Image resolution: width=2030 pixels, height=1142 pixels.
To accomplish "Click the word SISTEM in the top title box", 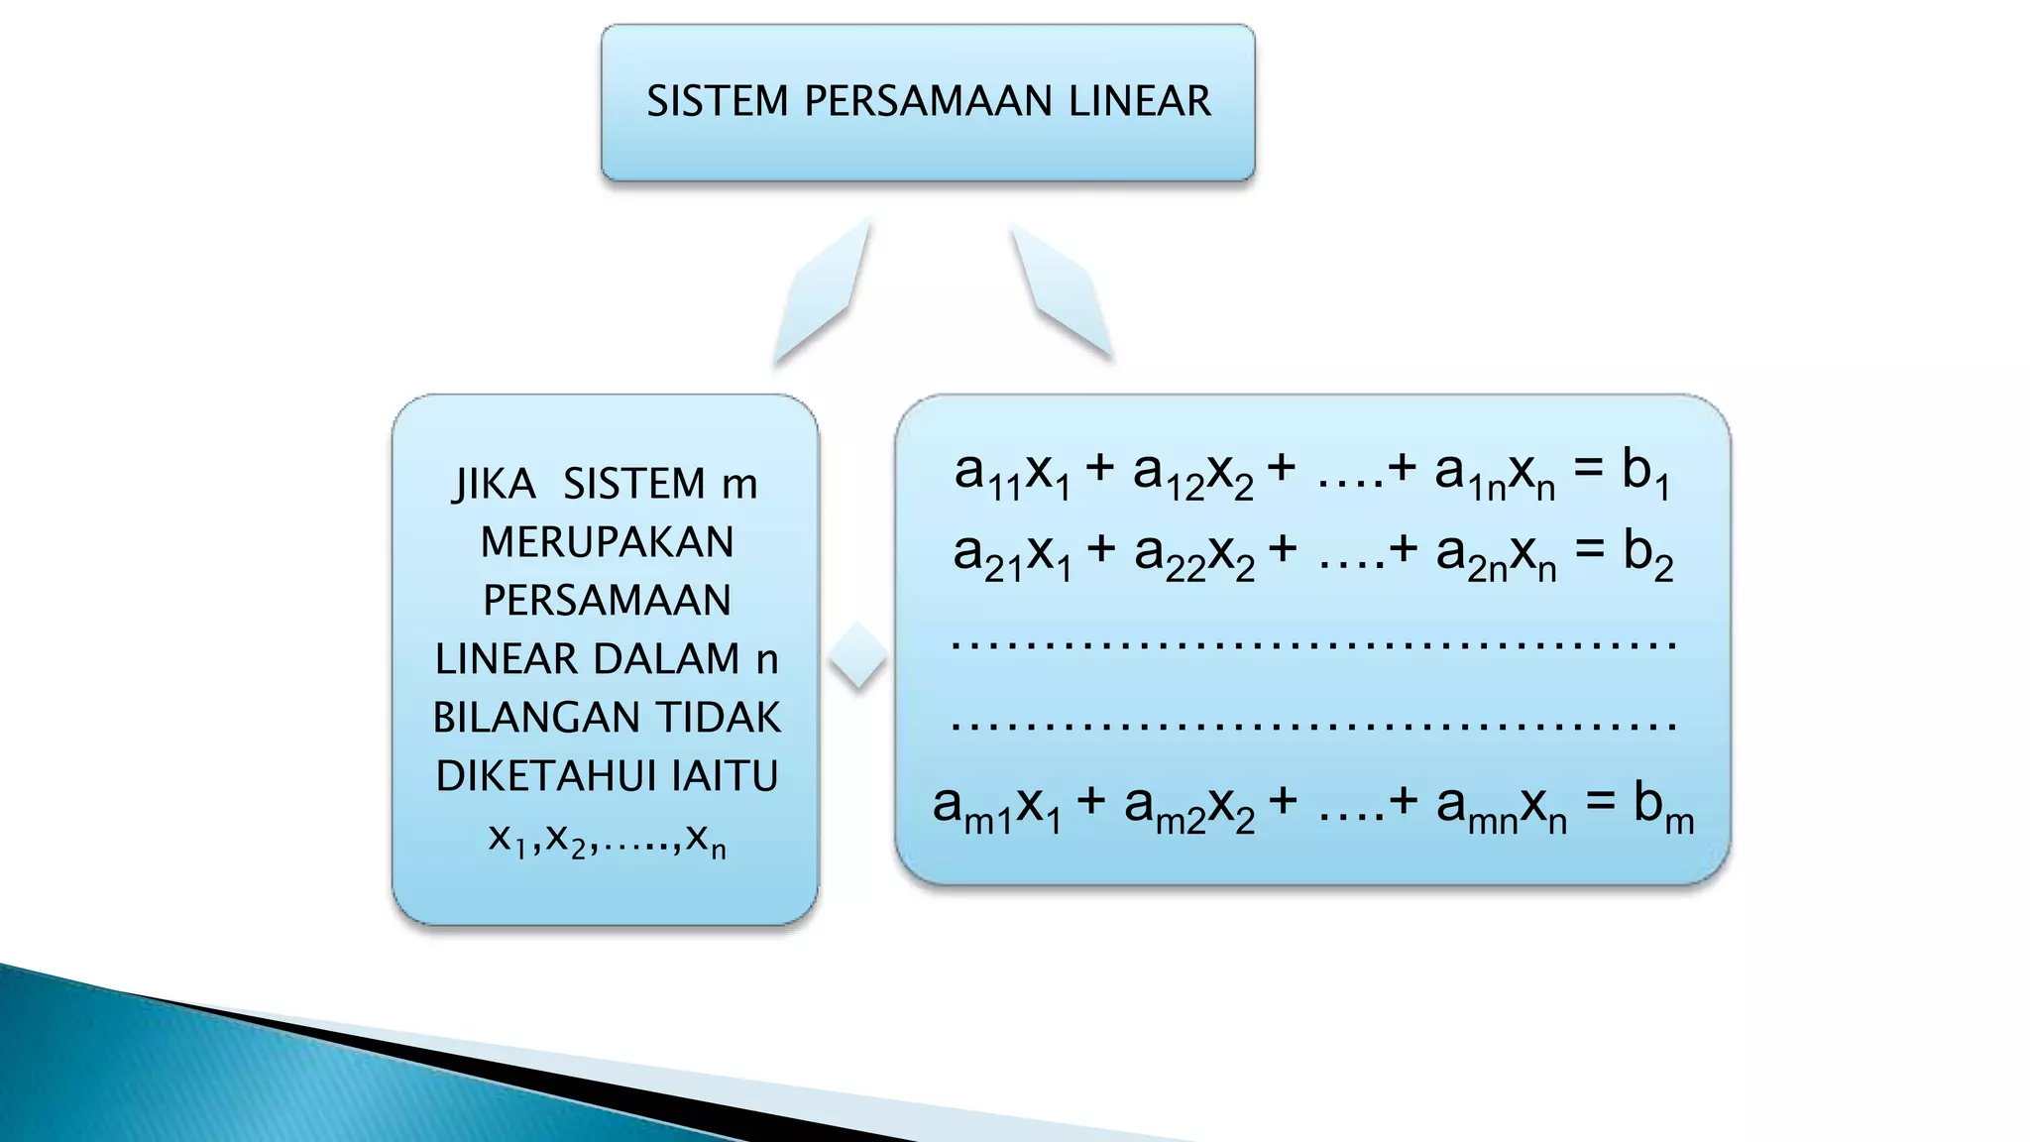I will pyautogui.click(x=717, y=101).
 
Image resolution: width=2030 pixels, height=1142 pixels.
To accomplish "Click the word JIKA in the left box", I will pyautogui.click(x=494, y=485).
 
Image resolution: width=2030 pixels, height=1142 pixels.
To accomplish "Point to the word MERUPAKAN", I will pyautogui.click(x=607, y=542).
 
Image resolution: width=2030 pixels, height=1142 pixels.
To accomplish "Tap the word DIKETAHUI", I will pyautogui.click(x=547, y=776).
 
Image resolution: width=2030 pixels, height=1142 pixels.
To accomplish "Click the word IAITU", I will pyautogui.click(x=725, y=776).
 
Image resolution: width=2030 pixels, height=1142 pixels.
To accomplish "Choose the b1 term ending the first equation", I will pyautogui.click(x=1645, y=472).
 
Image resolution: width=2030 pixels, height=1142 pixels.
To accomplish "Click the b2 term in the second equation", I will pyautogui.click(x=1647, y=554).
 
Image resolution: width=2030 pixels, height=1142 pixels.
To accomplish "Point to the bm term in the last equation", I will pyautogui.click(x=1663, y=806).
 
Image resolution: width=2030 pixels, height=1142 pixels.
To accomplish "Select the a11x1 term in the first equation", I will pyautogui.click(x=1011, y=473).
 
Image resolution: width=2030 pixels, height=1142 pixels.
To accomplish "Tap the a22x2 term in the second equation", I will pyautogui.click(x=1193, y=555).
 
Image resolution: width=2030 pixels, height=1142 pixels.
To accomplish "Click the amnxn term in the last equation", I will pyautogui.click(x=1501, y=806).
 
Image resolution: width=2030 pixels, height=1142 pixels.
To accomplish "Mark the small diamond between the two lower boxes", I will pyautogui.click(x=858, y=654).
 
